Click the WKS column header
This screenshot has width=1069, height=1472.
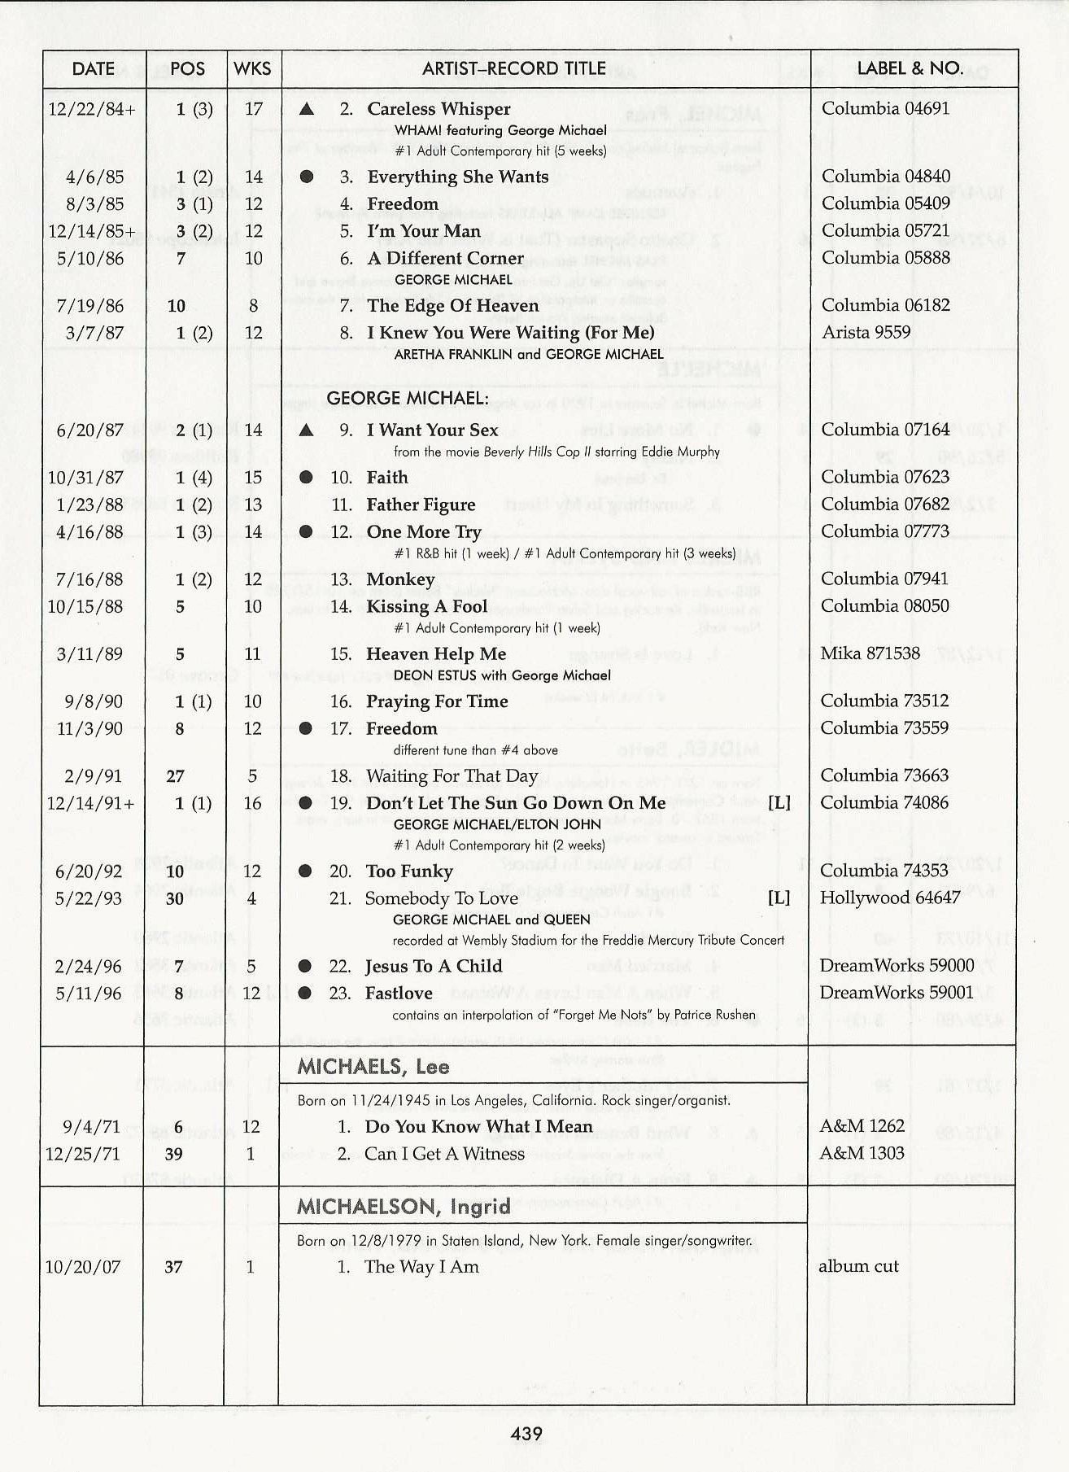tap(252, 69)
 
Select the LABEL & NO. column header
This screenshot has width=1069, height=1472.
tap(910, 68)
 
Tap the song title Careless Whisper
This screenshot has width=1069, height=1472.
tap(439, 109)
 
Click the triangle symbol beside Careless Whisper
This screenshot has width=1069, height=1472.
tap(306, 109)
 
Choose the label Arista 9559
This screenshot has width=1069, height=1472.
tap(866, 332)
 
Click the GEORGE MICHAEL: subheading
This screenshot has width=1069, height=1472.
tap(408, 398)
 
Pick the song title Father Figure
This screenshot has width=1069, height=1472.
tap(421, 504)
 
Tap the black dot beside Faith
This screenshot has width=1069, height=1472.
tap(306, 478)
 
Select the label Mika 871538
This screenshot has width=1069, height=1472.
tap(870, 653)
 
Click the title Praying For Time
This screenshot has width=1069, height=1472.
tap(437, 701)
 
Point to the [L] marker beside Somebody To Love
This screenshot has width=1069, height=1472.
tap(779, 898)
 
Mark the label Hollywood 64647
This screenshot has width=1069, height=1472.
tap(890, 898)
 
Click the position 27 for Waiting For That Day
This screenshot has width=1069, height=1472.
tap(175, 776)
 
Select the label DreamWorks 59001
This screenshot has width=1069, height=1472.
tap(896, 993)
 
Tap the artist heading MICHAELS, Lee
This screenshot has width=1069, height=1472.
tap(373, 1067)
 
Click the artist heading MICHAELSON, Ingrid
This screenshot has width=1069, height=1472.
tap(404, 1206)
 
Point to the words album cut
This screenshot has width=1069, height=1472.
tap(858, 1266)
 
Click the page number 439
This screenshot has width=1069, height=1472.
tap(526, 1434)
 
